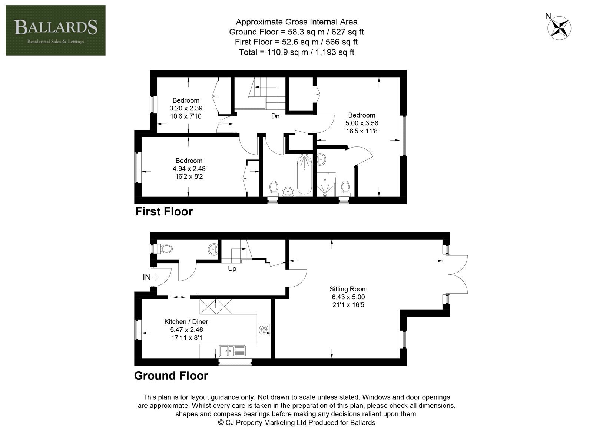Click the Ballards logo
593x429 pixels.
[56, 30]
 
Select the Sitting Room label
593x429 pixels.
[348, 289]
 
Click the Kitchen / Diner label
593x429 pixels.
[186, 321]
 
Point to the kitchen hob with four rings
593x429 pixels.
[264, 330]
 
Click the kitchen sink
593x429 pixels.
[232, 351]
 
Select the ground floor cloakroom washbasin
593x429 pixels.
[213, 249]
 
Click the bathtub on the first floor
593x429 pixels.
[304, 175]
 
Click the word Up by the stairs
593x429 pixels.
[232, 268]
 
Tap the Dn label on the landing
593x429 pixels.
[275, 116]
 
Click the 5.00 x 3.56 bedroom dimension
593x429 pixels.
[362, 123]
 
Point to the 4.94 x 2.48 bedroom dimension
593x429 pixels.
[189, 168]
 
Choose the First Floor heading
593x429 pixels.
[164, 212]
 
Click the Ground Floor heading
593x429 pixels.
[171, 376]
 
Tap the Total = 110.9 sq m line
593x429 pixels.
[296, 52]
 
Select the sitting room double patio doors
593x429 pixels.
[458, 274]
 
